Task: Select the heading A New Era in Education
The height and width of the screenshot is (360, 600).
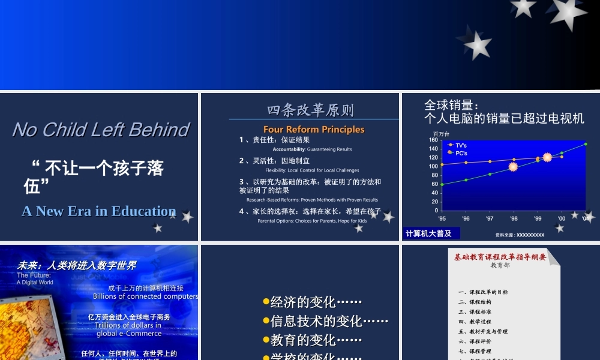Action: point(99,211)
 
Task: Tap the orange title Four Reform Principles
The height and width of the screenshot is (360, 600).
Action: point(314,130)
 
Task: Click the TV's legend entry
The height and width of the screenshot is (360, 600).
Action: point(461,145)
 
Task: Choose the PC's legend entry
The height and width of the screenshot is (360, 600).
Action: point(461,153)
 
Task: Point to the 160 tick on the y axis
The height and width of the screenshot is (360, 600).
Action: point(433,140)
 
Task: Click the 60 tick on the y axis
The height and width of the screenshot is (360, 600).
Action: point(434,184)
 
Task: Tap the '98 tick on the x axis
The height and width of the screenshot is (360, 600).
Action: point(514,219)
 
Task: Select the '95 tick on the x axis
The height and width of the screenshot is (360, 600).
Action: point(442,219)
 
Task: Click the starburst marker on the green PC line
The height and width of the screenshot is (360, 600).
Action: point(513,166)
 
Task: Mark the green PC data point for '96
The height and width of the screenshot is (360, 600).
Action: point(466,180)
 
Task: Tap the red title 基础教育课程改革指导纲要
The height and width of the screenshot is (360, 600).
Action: point(500,257)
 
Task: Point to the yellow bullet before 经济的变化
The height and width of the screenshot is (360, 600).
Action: point(266,302)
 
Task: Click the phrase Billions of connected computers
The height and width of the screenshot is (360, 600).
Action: point(145,296)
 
